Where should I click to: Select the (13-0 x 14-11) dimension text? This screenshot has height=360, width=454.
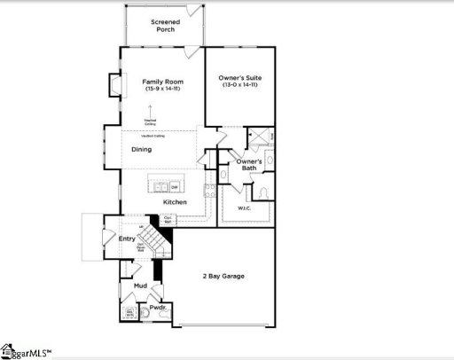(240, 87)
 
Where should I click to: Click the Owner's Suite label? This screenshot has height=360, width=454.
(240, 79)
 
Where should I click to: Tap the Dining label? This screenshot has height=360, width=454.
(142, 149)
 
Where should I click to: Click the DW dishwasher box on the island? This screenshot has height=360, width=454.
(175, 187)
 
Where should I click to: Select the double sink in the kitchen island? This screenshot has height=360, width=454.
(160, 187)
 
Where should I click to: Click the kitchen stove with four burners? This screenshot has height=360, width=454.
(210, 189)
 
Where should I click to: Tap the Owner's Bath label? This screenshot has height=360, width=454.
(247, 164)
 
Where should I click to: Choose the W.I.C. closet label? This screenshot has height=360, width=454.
(245, 208)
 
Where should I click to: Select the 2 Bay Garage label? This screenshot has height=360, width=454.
(222, 276)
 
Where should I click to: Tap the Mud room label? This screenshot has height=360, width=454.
(140, 286)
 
